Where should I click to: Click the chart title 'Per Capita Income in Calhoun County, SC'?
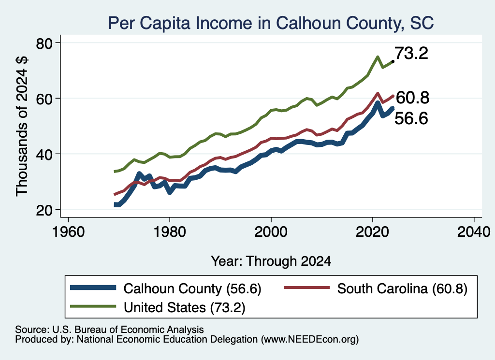coord(271,23)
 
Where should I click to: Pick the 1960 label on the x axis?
coord(68,232)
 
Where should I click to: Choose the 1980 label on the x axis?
coord(170,232)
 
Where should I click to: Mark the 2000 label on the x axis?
coord(271,232)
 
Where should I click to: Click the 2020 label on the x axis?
coord(372,232)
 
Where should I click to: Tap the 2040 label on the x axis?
coord(474,232)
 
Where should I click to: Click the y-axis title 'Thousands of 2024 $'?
coord(22,126)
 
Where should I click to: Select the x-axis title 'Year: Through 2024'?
coord(271,261)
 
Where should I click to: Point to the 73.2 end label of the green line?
coord(411,53)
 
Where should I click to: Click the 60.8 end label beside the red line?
coord(412,98)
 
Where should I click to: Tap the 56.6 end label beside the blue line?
coord(411,119)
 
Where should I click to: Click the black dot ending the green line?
coord(393,61)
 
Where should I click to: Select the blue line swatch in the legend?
coord(93,288)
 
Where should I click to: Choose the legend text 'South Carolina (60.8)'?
coord(402,288)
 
